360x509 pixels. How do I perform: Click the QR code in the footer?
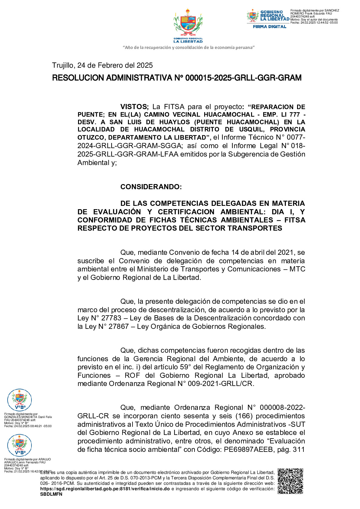click(290, 481)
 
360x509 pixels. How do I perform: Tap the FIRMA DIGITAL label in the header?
click(269, 27)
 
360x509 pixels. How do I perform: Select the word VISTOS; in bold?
click(134, 107)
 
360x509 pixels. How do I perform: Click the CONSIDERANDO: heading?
click(151, 187)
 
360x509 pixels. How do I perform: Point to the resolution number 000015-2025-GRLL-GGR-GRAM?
click(243, 78)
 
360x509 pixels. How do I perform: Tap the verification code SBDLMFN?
click(51, 494)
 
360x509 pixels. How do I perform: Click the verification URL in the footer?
click(105, 489)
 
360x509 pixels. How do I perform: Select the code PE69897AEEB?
click(248, 449)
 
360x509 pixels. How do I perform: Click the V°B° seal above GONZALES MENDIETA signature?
click(19, 400)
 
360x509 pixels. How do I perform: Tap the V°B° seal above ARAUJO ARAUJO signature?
click(19, 445)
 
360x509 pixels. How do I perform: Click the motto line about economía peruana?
click(188, 47)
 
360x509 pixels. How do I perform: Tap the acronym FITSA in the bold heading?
click(295, 220)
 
